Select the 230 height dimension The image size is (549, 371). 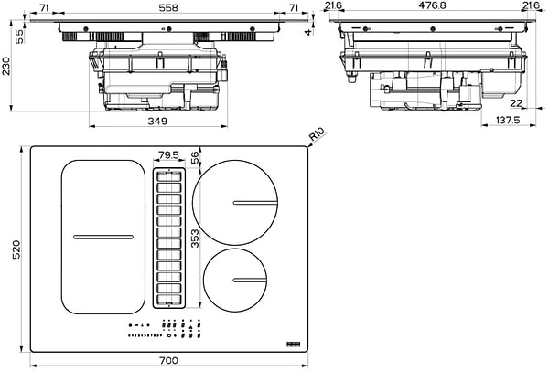pos(8,67)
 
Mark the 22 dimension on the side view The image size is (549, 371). pos(517,102)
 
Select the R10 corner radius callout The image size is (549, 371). pos(318,138)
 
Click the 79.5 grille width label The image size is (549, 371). pos(167,155)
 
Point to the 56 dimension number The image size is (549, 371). pos(195,157)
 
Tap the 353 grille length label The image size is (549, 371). pos(193,238)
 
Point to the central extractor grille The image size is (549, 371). pos(168,238)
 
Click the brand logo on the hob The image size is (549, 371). pos(293,344)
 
